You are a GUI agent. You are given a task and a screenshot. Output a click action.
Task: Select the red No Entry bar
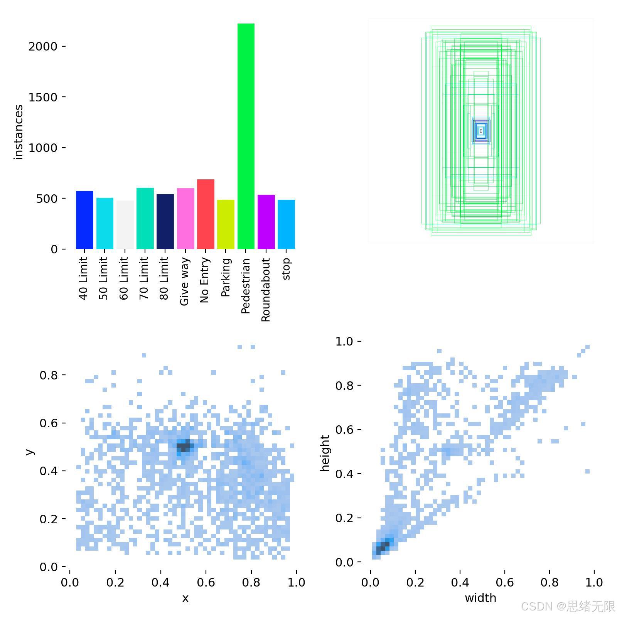pos(205,214)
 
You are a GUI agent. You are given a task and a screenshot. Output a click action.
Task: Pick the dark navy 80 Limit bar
pos(165,221)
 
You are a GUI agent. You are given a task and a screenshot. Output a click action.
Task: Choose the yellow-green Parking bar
pos(226,224)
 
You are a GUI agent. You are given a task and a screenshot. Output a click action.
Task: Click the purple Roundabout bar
pos(266,222)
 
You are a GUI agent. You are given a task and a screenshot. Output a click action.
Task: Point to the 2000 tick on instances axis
pos(42,47)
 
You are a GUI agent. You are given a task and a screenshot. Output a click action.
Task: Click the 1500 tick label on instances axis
pos(42,97)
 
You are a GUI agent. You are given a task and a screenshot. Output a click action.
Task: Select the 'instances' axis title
pos(18,132)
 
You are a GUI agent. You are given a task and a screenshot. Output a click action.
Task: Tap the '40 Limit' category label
pos(84,278)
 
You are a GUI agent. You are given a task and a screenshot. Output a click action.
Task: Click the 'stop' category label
pos(286,269)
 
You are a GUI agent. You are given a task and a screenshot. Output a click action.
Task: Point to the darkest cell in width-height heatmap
pos(382,546)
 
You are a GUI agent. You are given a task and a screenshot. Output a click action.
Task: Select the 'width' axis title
pos(480,598)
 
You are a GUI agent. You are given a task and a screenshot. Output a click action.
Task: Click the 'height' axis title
pos(325,453)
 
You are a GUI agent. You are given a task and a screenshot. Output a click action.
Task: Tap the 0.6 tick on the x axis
pos(206,582)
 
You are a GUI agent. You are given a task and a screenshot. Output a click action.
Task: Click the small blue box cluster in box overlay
pos(481,131)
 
